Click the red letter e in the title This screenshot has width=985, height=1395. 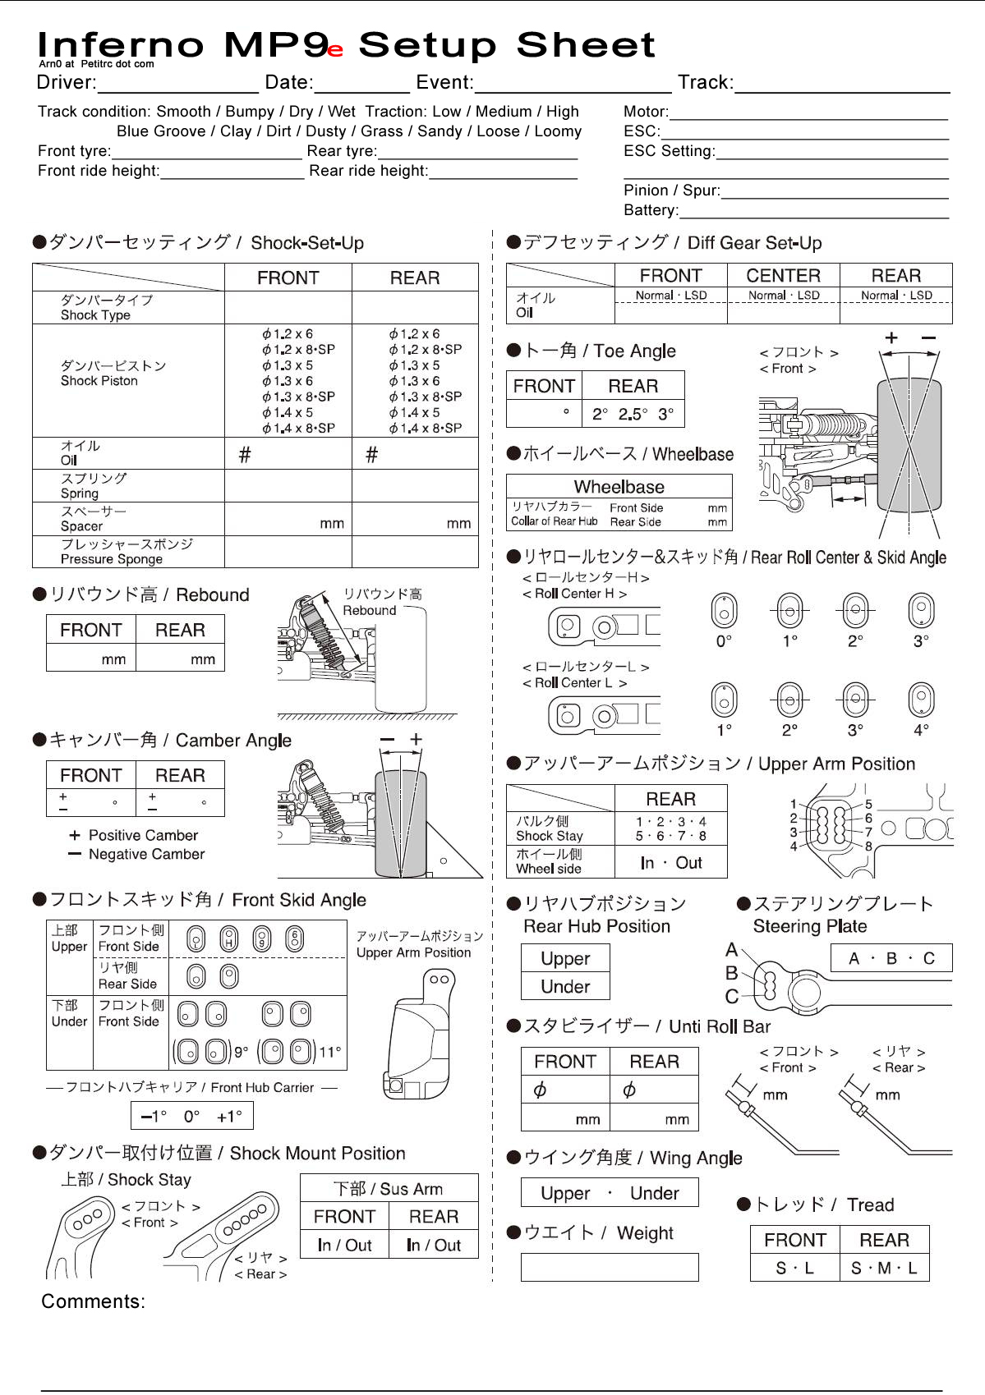click(x=335, y=50)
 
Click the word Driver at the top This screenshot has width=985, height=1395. click(x=66, y=82)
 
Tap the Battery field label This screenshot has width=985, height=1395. click(x=651, y=210)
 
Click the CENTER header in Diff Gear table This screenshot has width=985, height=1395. click(x=783, y=276)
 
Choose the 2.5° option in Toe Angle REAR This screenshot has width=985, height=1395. click(x=633, y=415)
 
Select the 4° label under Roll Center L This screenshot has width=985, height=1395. click(x=921, y=730)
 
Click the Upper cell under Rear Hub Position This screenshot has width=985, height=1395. click(x=565, y=959)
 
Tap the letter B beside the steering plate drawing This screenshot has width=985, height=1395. click(x=731, y=973)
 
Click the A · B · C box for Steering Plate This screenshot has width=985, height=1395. click(x=891, y=958)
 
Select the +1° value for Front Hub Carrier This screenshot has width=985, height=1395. click(x=229, y=1117)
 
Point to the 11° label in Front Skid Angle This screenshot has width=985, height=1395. click(x=330, y=1052)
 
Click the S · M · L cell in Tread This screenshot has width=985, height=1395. click(x=884, y=1268)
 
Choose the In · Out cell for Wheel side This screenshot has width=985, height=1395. click(x=671, y=863)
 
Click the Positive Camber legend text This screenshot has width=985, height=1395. click(x=143, y=835)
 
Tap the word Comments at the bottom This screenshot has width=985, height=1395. click(x=93, y=1301)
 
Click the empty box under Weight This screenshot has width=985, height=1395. click(x=610, y=1267)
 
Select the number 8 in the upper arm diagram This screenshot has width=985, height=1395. click(x=868, y=846)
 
